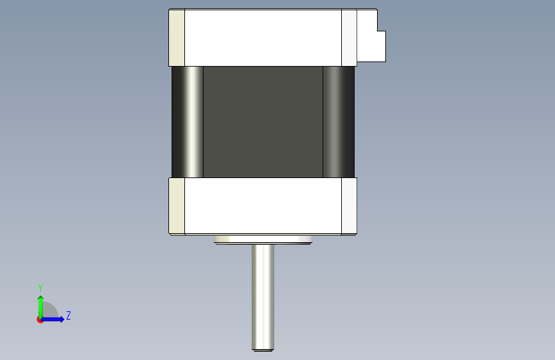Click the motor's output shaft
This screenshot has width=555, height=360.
[x=262, y=298]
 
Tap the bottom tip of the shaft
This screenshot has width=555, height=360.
[x=262, y=351]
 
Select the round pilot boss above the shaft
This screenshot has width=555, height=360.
[x=262, y=240]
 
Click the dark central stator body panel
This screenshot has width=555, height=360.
[x=263, y=122]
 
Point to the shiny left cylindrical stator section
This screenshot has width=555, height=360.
[x=188, y=122]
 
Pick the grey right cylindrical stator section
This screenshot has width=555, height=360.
[x=339, y=122]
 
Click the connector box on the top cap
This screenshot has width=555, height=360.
[x=371, y=36]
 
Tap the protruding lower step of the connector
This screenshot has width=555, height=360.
[x=382, y=46]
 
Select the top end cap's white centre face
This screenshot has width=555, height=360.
[x=263, y=38]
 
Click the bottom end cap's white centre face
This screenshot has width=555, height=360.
[x=263, y=206]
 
